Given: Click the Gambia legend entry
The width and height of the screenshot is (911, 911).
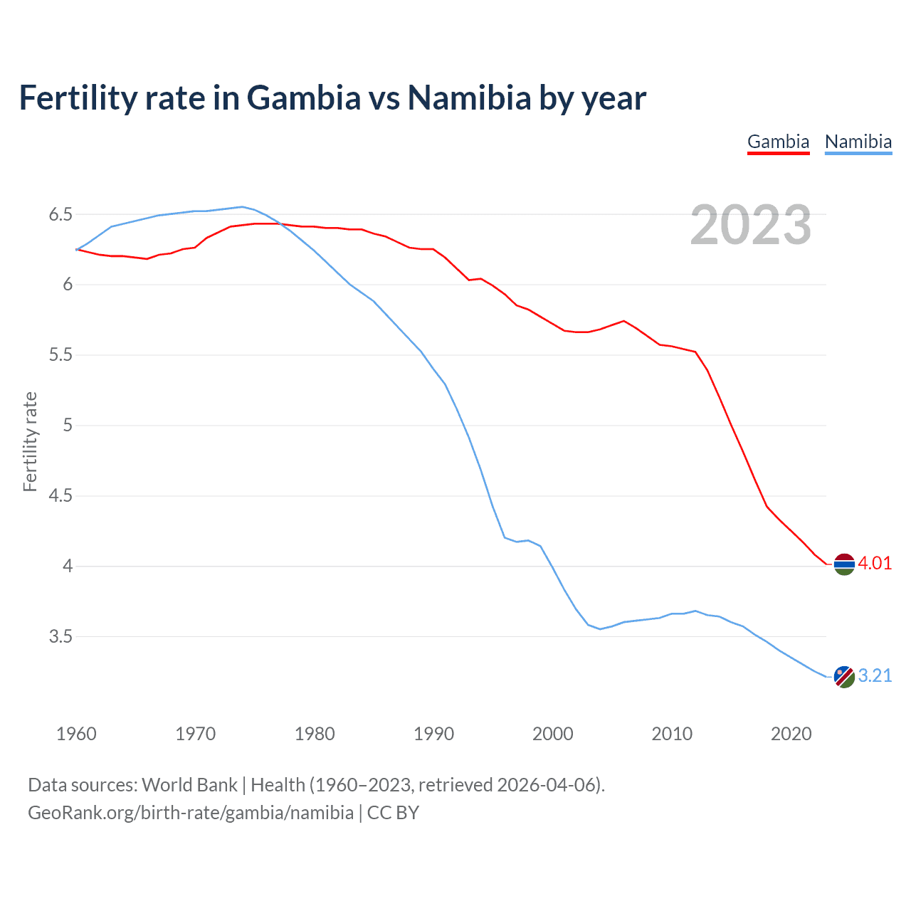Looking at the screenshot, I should click(x=778, y=142).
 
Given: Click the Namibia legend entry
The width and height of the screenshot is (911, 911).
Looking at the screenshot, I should click(x=858, y=142).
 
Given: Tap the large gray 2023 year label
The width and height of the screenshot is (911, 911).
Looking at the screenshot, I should click(x=751, y=225).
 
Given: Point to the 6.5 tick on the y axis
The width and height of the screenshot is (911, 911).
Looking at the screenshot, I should click(x=60, y=214).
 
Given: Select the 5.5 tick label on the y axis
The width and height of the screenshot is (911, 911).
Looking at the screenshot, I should click(x=60, y=355).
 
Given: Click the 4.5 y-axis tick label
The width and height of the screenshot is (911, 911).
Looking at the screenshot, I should click(x=60, y=496).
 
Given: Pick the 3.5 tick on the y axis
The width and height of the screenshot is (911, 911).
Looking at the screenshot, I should click(x=60, y=636).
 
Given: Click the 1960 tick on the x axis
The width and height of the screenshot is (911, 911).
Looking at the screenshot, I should click(x=76, y=734).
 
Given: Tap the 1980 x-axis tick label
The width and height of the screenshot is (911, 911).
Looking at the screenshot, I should click(x=315, y=734).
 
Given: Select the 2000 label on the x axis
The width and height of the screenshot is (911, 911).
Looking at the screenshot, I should click(x=553, y=734).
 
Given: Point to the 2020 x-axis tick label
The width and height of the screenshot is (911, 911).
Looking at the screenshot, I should click(x=791, y=734).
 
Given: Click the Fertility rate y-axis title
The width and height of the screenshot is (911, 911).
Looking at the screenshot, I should click(x=30, y=441).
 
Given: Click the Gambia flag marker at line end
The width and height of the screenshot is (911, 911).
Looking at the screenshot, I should click(x=844, y=564).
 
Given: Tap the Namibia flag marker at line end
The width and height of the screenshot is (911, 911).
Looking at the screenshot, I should click(x=844, y=677).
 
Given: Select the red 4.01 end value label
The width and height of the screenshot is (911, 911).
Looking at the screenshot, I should click(x=875, y=563).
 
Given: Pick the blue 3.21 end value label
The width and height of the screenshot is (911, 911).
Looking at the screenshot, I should click(x=875, y=675).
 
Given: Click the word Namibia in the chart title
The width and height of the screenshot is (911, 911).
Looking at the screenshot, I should click(x=469, y=98).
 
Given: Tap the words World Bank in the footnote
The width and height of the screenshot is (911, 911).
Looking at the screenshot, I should click(x=189, y=785).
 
